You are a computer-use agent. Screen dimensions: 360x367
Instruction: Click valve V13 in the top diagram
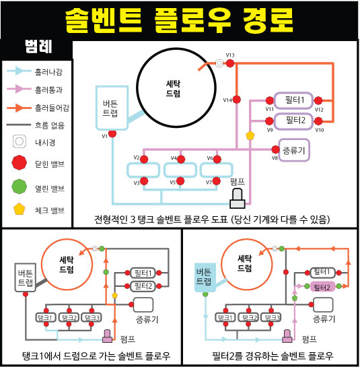230,63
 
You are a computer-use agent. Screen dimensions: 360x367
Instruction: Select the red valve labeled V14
237,100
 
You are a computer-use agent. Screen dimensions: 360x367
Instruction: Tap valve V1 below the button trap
112,133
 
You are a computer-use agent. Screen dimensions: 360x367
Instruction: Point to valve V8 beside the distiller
276,149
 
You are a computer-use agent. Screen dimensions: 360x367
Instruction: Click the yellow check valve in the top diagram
250,135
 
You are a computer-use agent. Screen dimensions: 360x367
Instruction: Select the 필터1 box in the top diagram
294,100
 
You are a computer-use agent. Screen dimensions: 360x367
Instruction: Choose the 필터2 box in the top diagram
294,121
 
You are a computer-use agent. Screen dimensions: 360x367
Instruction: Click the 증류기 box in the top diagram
294,150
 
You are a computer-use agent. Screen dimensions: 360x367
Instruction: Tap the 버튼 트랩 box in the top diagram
112,108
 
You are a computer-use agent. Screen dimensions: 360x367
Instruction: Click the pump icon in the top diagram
238,199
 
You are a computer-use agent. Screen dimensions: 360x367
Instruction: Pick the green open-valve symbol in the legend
20,187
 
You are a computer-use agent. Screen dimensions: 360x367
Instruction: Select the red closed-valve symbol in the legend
20,162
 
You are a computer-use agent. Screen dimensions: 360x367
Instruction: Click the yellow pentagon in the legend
20,209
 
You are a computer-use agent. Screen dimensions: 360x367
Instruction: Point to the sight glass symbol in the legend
20,141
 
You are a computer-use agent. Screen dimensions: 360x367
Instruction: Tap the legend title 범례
38,46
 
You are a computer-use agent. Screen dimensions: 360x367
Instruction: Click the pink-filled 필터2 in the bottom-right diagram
322,286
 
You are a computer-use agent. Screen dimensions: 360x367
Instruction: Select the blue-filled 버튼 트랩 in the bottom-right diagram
205,277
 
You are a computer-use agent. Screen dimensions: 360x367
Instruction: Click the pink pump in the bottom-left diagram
107,336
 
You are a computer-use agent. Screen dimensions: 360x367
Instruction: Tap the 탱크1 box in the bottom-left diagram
46,317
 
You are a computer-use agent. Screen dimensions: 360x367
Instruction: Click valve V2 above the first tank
144,159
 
